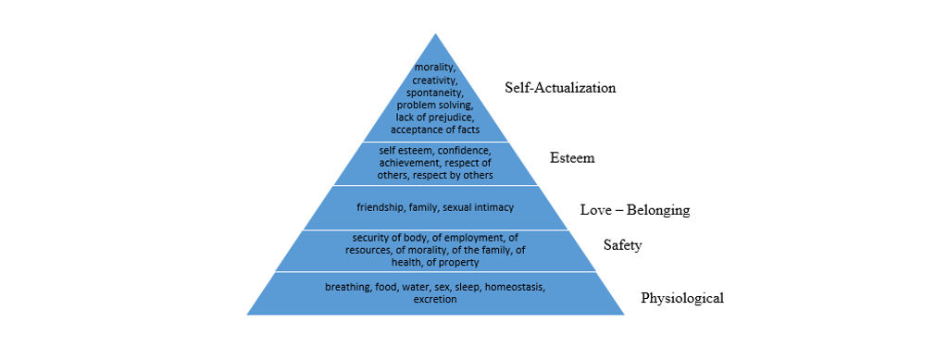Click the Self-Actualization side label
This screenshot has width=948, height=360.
[560, 88]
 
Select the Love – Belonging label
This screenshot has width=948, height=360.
[634, 210]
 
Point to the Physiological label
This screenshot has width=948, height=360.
[681, 298]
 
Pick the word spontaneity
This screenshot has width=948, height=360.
[434, 93]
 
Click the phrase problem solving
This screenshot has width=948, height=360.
[434, 106]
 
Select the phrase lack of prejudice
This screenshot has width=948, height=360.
[434, 117]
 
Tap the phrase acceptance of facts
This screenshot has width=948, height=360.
[434, 129]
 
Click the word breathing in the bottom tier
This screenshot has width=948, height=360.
[347, 288]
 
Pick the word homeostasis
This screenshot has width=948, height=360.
[514, 288]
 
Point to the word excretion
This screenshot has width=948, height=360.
[434, 300]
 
